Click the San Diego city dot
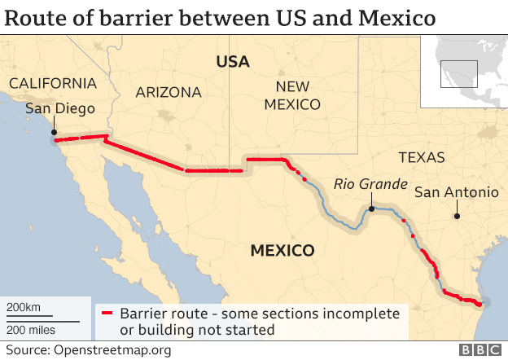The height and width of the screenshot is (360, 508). (x=54, y=131)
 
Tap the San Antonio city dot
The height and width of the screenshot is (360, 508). (x=457, y=216)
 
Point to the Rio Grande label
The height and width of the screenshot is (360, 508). (x=370, y=185)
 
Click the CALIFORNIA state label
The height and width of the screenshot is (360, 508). (x=52, y=84)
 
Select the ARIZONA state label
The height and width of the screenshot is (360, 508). (x=169, y=93)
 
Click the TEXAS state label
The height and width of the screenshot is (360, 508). (x=422, y=158)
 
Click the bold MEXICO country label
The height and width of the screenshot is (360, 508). (x=282, y=250)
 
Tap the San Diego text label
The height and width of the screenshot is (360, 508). (x=60, y=109)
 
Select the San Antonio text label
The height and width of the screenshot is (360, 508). (x=456, y=193)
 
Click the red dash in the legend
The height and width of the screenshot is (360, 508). (x=106, y=314)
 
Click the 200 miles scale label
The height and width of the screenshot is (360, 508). (x=32, y=329)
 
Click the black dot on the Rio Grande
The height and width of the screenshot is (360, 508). (x=370, y=209)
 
